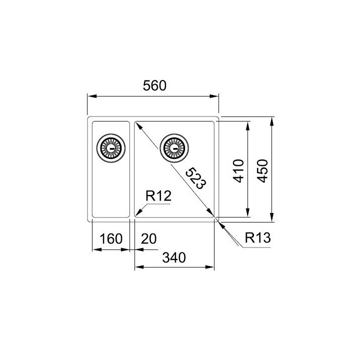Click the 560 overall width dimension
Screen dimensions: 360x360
154,85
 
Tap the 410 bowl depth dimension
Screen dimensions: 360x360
238,170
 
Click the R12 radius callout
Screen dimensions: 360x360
158,196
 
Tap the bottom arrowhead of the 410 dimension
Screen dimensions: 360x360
248,214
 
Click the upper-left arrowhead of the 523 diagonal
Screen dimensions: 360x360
138,124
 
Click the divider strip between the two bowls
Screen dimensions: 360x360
132,170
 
